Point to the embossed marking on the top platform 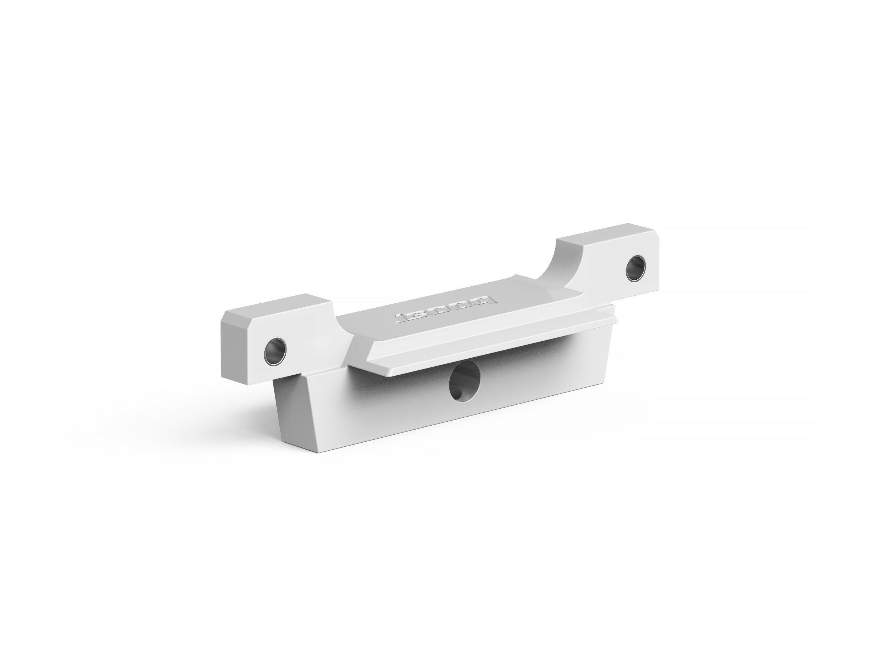pyautogui.click(x=446, y=309)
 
